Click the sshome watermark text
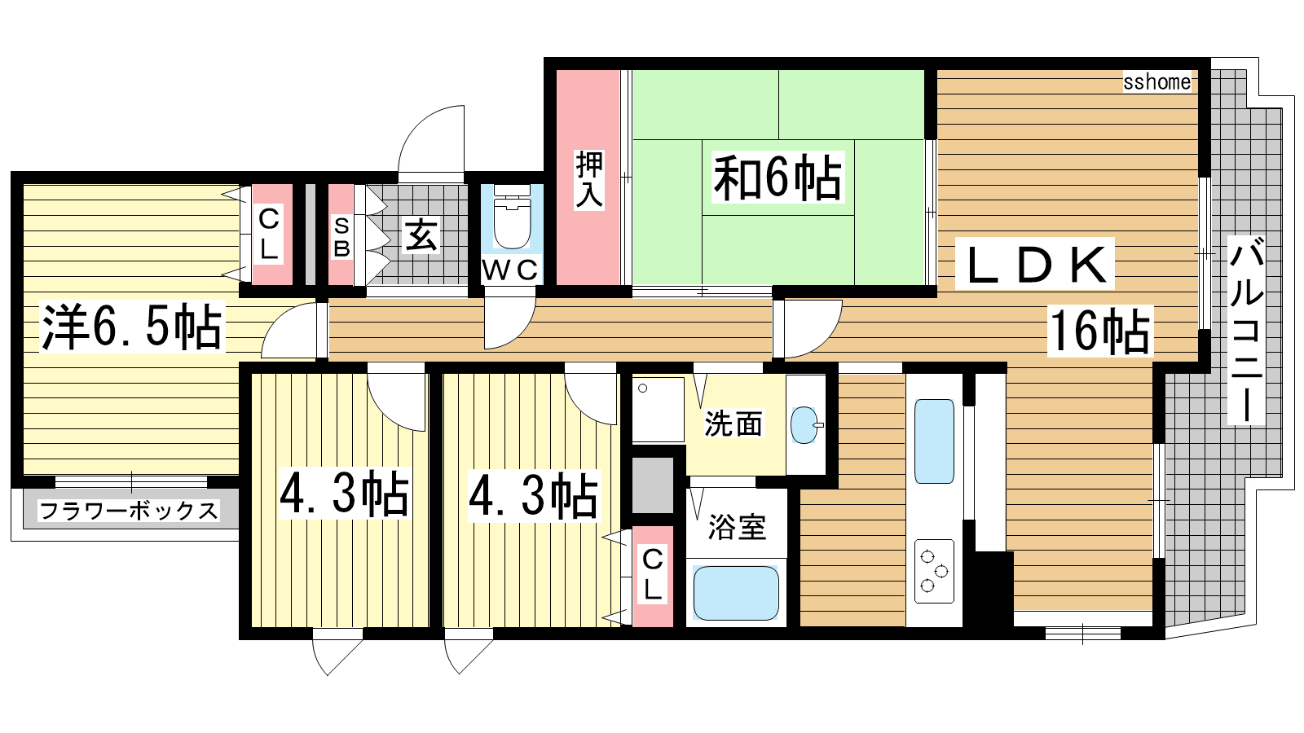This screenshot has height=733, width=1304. (1156, 82)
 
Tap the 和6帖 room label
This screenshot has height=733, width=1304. (778, 178)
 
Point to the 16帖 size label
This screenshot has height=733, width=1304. (1099, 331)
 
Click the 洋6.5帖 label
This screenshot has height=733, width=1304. (132, 327)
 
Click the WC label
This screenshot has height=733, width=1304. (510, 270)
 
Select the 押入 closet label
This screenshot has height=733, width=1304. (589, 179)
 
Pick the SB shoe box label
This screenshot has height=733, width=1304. (341, 237)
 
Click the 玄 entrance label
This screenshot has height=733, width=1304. (421, 235)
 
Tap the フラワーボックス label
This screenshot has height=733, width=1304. (129, 511)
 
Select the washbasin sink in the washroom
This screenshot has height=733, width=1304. (805, 424)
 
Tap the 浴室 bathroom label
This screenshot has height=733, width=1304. (737, 527)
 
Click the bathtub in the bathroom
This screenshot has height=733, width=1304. (736, 593)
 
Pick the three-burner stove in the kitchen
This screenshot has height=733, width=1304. (934, 571)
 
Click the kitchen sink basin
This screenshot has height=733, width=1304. (934, 441)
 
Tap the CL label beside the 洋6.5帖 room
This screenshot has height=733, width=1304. (268, 234)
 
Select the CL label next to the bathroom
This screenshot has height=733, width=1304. (653, 574)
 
